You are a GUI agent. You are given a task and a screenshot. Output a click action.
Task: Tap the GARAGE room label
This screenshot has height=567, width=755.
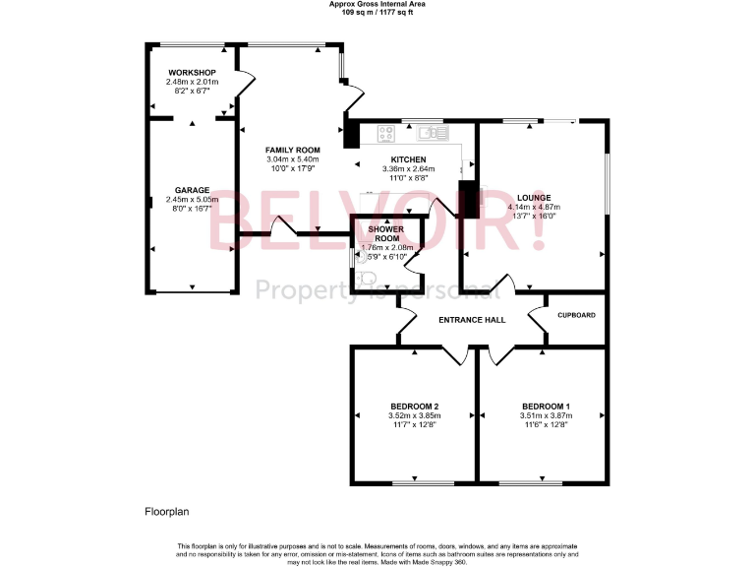(192, 189)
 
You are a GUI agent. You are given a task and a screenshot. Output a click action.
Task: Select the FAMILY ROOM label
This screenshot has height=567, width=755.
(293, 150)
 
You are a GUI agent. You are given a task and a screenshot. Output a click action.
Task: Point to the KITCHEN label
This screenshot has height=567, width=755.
(408, 159)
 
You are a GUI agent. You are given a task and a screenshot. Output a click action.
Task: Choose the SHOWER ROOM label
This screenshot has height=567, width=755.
(387, 232)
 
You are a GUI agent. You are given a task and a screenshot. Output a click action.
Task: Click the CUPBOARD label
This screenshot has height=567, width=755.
(576, 315)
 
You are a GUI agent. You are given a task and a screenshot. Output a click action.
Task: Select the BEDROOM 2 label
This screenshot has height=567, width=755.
(414, 407)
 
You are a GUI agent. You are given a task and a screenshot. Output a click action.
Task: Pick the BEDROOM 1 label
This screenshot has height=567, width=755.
(547, 407)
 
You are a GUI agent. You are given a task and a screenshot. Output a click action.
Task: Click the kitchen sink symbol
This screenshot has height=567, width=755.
(432, 131)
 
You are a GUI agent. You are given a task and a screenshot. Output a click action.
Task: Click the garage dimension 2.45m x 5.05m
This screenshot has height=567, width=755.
(192, 199)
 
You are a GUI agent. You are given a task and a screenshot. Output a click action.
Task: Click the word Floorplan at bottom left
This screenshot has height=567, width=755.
(166, 512)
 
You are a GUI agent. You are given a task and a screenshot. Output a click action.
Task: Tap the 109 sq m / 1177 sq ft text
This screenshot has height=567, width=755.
(377, 11)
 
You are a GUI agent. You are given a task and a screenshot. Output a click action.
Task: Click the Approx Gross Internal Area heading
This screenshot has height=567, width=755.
(377, 4)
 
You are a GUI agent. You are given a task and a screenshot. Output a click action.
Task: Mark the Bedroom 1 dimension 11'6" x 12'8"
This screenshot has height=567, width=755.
(547, 425)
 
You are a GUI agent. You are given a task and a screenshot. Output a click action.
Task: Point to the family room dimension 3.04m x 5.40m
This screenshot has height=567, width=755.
(293, 158)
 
